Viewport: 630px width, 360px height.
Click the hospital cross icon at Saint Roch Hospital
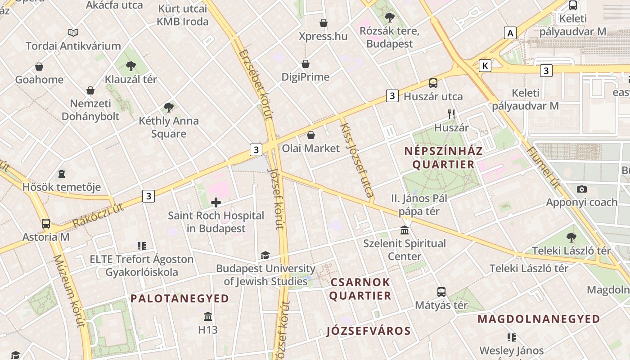(216, 202)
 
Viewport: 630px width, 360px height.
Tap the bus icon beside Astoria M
(46, 224)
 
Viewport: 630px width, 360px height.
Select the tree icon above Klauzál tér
(131, 66)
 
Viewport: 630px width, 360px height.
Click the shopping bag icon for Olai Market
(311, 135)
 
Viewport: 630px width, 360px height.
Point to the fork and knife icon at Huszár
(452, 114)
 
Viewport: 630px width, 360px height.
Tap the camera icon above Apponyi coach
(582, 189)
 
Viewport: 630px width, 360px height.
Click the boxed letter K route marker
(485, 66)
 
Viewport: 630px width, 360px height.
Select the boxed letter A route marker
(510, 33)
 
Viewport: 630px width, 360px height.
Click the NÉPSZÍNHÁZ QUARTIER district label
(443, 157)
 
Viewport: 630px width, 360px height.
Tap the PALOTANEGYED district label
(180, 298)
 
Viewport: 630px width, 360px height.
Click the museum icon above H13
(208, 316)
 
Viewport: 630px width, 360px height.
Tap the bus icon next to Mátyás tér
(441, 292)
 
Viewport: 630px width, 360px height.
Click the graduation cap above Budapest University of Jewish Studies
(265, 256)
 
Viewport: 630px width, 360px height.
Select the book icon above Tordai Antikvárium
(73, 32)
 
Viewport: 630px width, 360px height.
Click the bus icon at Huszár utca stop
(433, 83)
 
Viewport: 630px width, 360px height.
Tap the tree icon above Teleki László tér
(571, 237)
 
